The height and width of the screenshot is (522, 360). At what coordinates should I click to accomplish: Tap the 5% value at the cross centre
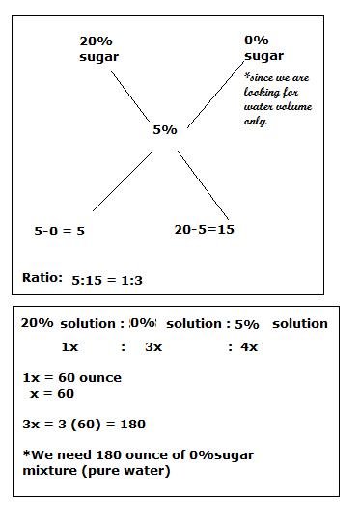[x=164, y=129]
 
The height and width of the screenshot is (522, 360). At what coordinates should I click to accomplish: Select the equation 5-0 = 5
[x=60, y=231]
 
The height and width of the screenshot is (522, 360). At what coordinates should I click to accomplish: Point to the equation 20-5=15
[x=204, y=230]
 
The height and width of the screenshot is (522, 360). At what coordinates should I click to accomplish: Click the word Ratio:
[x=42, y=278]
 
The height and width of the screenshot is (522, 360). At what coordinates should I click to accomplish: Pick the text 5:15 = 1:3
[x=107, y=280]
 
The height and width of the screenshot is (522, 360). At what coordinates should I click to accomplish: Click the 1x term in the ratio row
[x=70, y=346]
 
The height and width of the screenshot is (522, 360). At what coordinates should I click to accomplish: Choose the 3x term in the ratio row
[x=153, y=346]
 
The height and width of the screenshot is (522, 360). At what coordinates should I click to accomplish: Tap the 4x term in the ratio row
[x=249, y=346]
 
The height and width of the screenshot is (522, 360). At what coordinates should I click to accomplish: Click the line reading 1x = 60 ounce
[x=70, y=378]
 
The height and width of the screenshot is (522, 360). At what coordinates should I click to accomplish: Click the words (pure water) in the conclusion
[x=127, y=470]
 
